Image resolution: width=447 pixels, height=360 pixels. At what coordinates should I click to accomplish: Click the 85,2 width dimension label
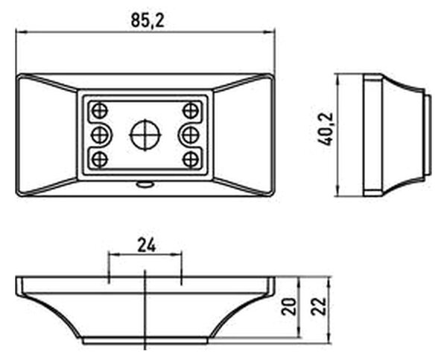[x=148, y=21]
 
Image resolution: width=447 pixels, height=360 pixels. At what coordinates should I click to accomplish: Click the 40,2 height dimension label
[x=326, y=129]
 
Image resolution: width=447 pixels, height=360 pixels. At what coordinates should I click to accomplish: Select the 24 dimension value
[x=147, y=245]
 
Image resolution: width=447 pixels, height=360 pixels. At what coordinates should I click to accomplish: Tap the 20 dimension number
[x=289, y=306]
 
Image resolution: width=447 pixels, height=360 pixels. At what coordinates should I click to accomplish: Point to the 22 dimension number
[x=319, y=306]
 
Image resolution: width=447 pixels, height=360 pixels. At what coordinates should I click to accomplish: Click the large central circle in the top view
[x=145, y=135]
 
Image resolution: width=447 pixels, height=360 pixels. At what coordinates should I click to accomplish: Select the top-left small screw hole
[x=100, y=110]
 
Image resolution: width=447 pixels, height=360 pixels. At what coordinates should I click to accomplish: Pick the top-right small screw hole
[x=191, y=110]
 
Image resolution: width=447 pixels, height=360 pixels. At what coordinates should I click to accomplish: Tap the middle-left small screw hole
[x=100, y=135]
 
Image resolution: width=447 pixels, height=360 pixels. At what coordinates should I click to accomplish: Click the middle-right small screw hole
[x=190, y=135]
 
